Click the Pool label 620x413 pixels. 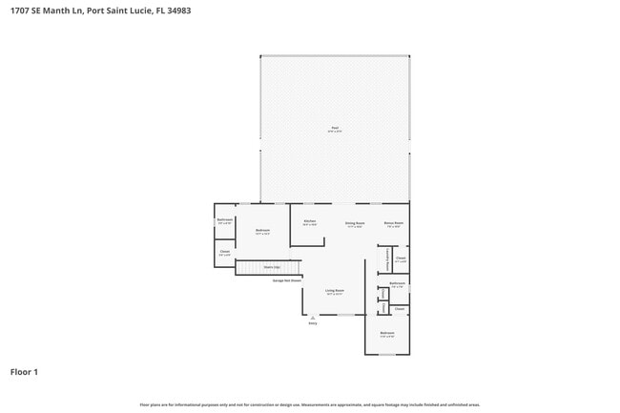coord(335,128)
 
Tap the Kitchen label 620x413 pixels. coord(309,221)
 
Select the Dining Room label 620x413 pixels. coord(355,223)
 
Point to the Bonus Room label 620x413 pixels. coord(394,223)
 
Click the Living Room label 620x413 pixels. coord(334,290)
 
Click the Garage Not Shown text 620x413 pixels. coord(286,280)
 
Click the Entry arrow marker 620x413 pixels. coord(311,318)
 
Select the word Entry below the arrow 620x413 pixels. coord(311,324)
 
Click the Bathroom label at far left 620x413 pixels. coord(225,220)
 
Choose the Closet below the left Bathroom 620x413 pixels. coord(224,253)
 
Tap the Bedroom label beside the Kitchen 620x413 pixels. coord(262,230)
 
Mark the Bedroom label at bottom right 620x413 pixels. coord(387,333)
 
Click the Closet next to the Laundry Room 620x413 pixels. coord(401,258)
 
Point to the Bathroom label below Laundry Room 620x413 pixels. coord(398,283)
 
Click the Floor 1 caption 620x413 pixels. coord(24,371)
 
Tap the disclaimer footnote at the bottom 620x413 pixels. coord(310,404)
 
